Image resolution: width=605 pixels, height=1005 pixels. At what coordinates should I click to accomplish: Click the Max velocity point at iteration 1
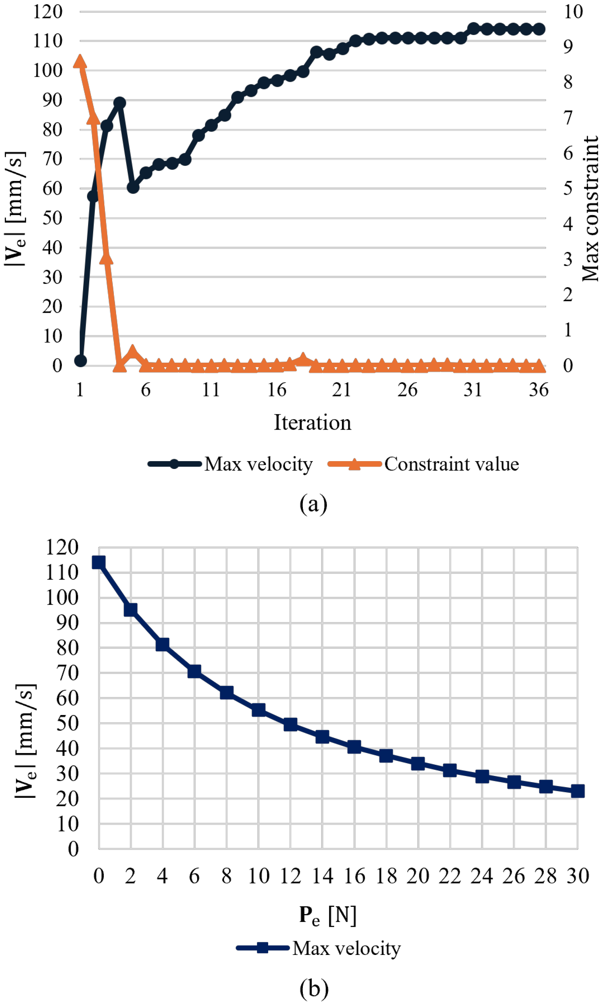pyautogui.click(x=80, y=361)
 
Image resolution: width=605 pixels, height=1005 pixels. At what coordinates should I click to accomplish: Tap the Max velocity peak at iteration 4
pyautogui.click(x=119, y=102)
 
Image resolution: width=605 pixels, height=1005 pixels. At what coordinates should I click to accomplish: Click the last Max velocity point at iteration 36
pyautogui.click(x=539, y=29)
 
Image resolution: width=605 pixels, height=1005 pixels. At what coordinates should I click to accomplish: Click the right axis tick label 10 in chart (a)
pyautogui.click(x=573, y=11)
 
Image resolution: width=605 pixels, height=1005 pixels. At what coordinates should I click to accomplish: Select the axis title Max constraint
pyautogui.click(x=590, y=209)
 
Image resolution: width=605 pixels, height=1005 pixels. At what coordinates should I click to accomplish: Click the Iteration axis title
pyautogui.click(x=312, y=422)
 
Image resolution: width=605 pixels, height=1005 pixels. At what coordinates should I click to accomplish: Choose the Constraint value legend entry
pyautogui.click(x=424, y=464)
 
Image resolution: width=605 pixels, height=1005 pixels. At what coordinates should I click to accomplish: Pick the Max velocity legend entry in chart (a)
pyautogui.click(x=231, y=464)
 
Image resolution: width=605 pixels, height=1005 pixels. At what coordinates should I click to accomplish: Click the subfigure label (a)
pyautogui.click(x=313, y=504)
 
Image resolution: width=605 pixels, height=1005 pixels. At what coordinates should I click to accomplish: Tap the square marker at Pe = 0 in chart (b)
pyautogui.click(x=99, y=563)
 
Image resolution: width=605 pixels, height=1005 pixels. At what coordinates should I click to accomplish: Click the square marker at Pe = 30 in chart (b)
pyautogui.click(x=578, y=791)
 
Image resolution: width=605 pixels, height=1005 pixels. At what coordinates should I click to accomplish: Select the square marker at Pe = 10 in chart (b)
pyautogui.click(x=258, y=710)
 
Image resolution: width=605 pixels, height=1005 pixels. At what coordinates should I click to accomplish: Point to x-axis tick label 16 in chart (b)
pyautogui.click(x=354, y=876)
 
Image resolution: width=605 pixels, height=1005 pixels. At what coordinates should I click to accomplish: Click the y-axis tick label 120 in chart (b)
pyautogui.click(x=61, y=547)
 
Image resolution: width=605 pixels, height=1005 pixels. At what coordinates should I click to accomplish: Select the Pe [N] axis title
pyautogui.click(x=328, y=914)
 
